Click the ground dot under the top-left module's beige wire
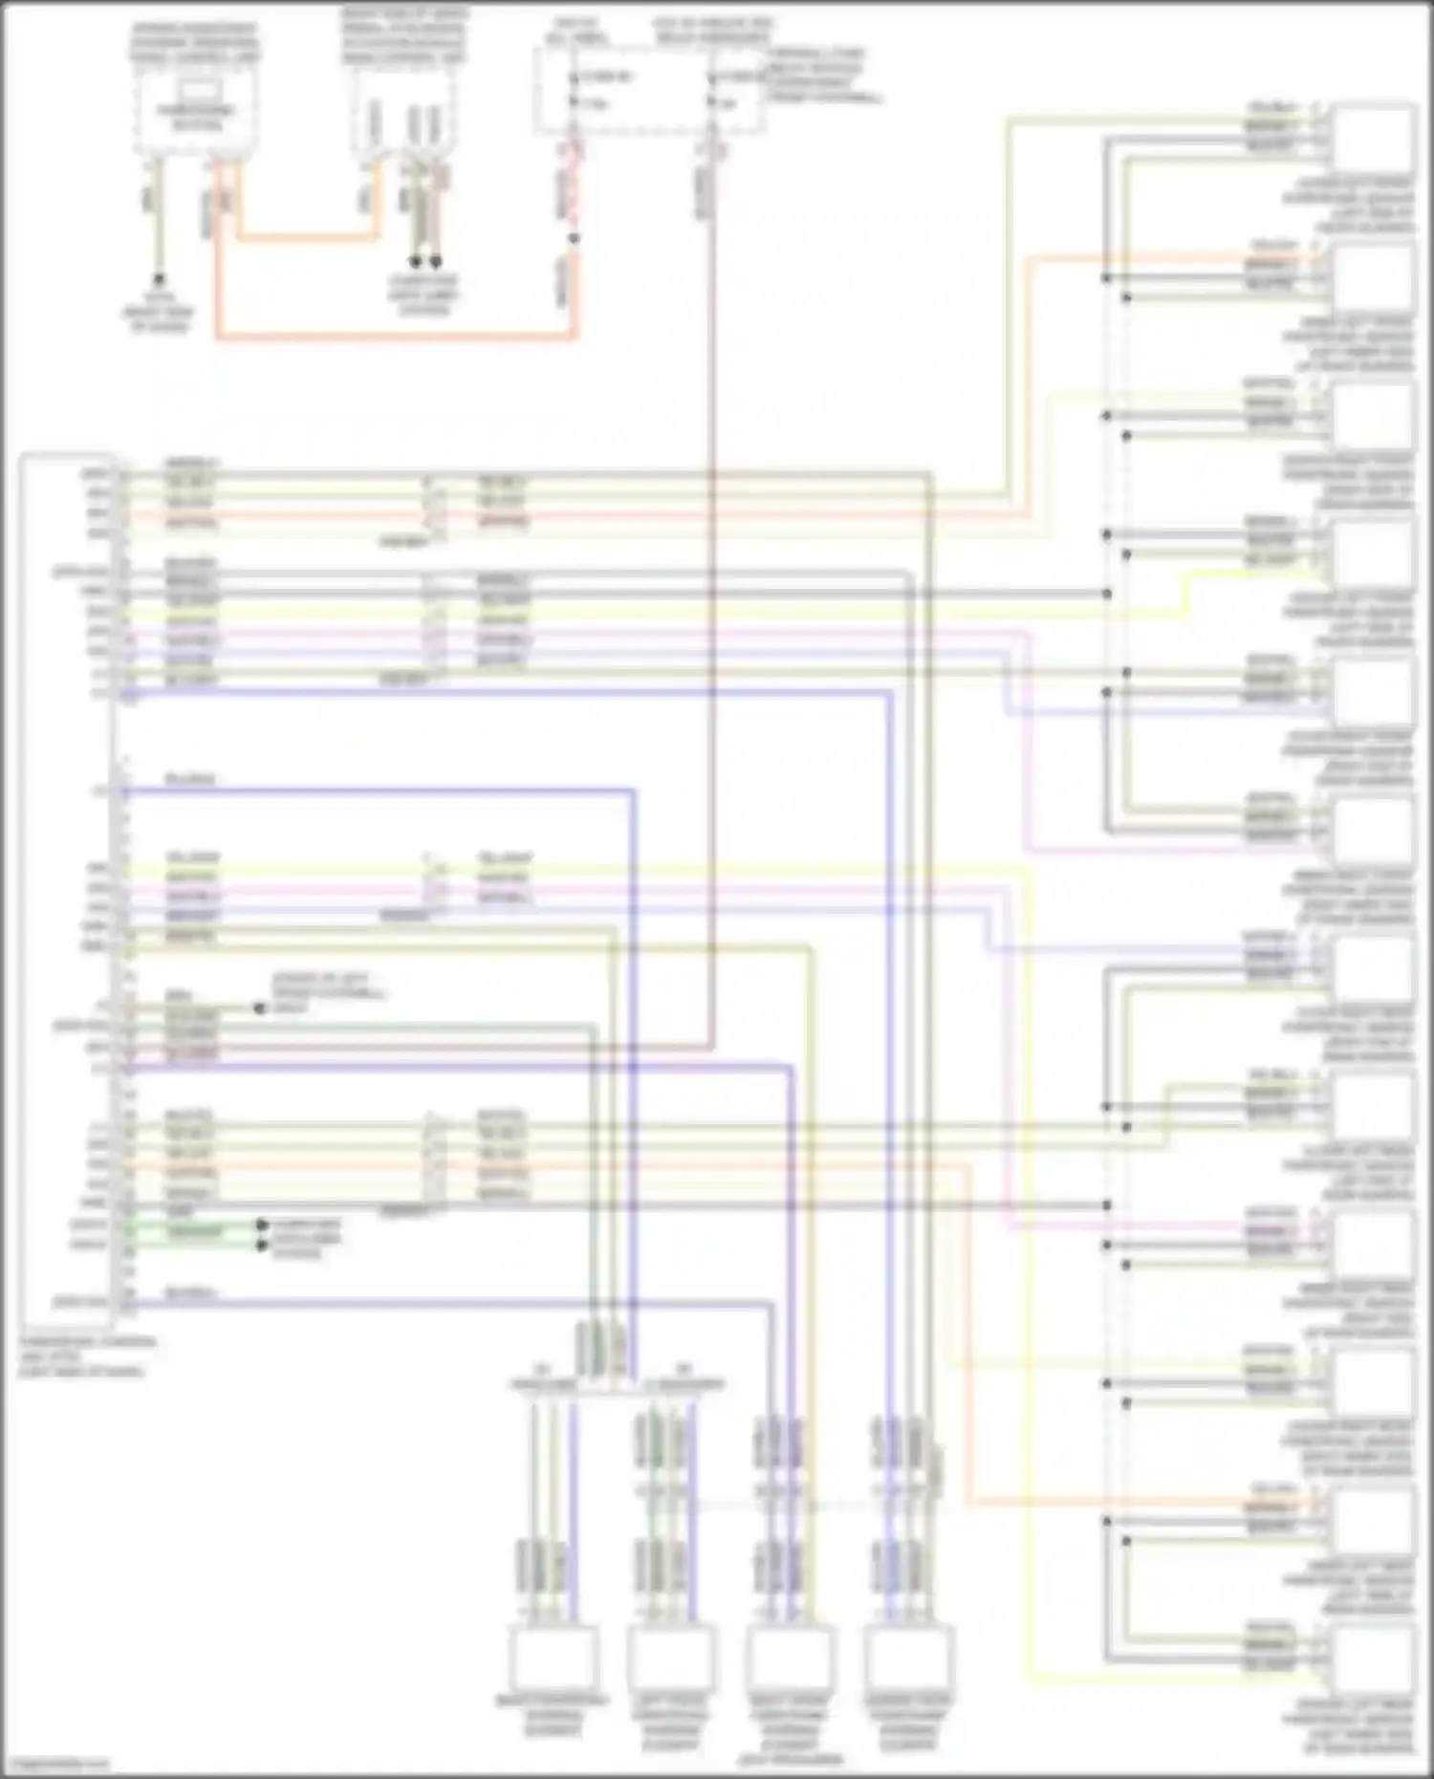coord(160,278)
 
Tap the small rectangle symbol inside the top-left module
coord(198,93)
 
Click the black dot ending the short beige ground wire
coord(259,1008)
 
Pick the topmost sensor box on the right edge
coord(1374,137)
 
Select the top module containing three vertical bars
coord(404,119)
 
